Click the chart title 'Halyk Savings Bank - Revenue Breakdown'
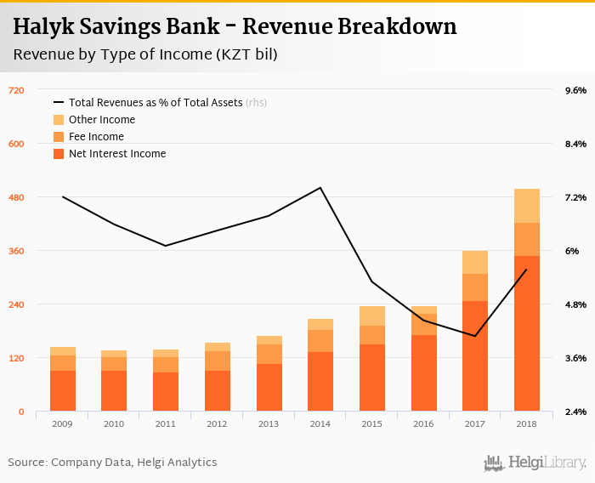(x=235, y=27)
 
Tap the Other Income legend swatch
(x=59, y=120)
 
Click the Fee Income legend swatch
(x=59, y=137)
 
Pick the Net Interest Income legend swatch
(x=59, y=154)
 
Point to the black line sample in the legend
(x=59, y=103)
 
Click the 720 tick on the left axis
(x=16, y=90)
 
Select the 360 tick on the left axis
(x=16, y=251)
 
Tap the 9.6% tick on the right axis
(x=575, y=90)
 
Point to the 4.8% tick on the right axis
(x=575, y=304)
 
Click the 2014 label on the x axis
(x=320, y=423)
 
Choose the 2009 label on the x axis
(x=63, y=423)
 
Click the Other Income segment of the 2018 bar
(x=527, y=206)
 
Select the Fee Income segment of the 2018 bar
(x=527, y=239)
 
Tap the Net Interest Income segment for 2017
(x=475, y=355)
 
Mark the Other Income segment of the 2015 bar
(x=372, y=315)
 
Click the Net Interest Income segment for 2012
(x=218, y=391)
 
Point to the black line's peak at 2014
(x=320, y=188)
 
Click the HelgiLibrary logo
(x=535, y=463)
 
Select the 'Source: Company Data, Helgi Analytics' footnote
(x=112, y=463)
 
